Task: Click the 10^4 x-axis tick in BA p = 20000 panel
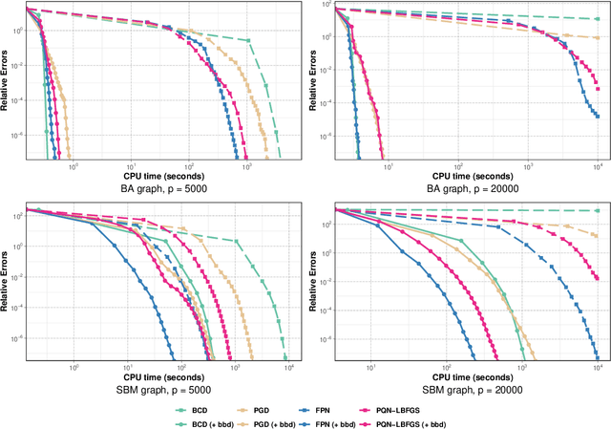599,166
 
